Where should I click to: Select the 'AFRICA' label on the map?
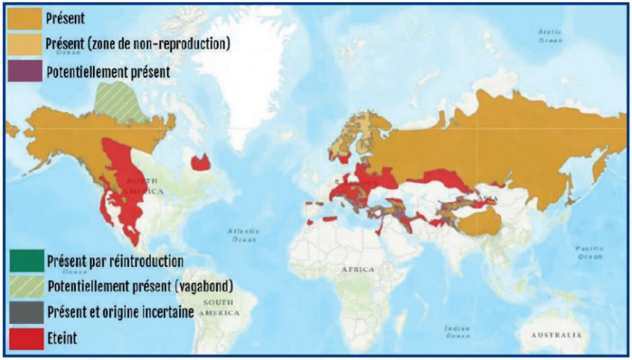click(x=357, y=270)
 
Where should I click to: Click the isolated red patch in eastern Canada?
click(x=200, y=163)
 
